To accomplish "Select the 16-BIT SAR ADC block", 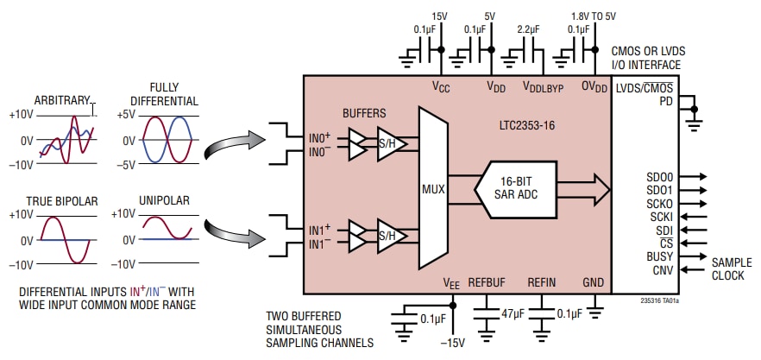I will pyautogui.click(x=516, y=186).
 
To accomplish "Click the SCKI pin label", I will pyautogui.click(x=663, y=217).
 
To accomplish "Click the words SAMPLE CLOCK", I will pyautogui.click(x=732, y=269).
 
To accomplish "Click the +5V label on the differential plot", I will pyautogui.click(x=124, y=115).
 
